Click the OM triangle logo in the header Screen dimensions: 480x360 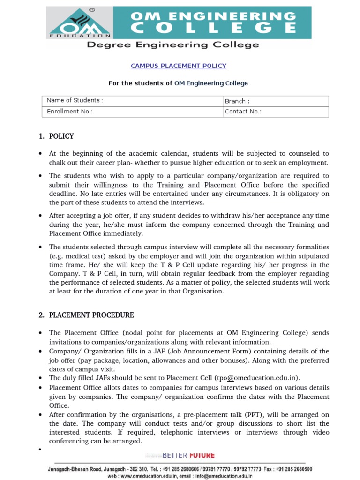click(78, 23)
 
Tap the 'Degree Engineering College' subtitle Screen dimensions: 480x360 click(172, 45)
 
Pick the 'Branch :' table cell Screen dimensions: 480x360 click(237, 101)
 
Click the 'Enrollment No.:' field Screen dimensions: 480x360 click(70, 112)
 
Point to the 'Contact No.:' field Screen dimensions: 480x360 click(243, 112)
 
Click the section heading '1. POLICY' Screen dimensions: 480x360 click(56, 136)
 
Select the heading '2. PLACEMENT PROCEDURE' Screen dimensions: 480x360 click(87, 315)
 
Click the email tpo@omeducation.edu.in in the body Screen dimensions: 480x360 click(257, 378)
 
